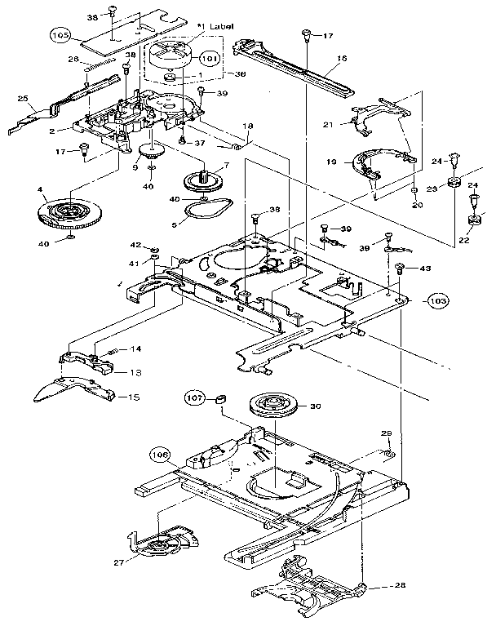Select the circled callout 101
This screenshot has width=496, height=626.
[x=209, y=59]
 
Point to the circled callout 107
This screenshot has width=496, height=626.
[x=193, y=398]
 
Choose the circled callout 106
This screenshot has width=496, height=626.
[x=160, y=454]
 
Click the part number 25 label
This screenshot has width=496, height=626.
[x=23, y=99]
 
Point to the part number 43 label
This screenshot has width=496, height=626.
[x=425, y=269]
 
